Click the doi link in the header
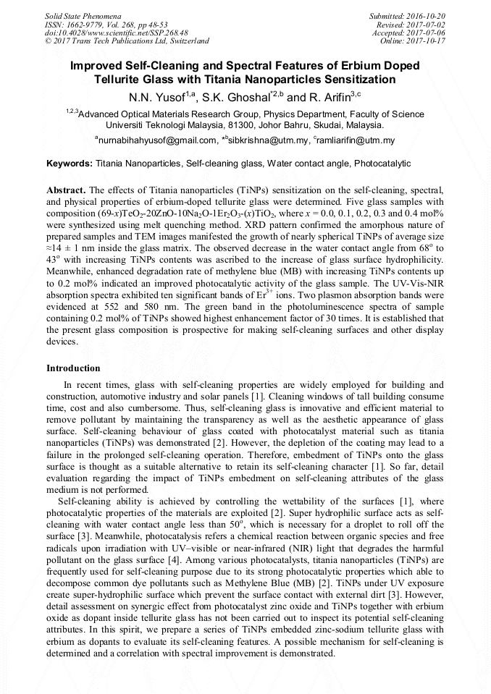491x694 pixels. click(x=117, y=33)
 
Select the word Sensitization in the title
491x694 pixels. click(x=354, y=79)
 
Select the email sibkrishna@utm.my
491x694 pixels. click(x=267, y=140)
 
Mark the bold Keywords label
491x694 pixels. click(x=69, y=164)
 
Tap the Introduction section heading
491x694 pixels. click(x=73, y=368)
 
